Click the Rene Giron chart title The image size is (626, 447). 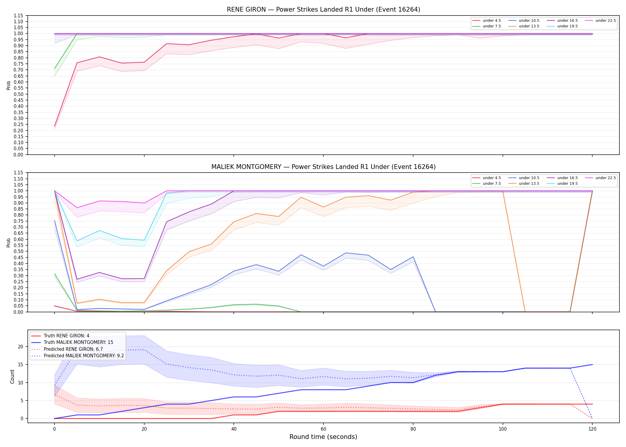[323, 10]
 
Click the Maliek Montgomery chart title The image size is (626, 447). [323, 167]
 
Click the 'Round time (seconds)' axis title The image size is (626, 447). [323, 437]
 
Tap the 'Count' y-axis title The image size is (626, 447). [12, 376]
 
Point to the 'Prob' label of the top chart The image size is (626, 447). [9, 85]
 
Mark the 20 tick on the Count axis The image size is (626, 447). [21, 347]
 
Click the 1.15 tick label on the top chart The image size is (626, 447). [18, 15]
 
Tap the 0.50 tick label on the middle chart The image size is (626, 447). [18, 251]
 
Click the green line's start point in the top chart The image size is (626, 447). [55, 69]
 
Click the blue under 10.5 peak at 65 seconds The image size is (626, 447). [346, 253]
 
